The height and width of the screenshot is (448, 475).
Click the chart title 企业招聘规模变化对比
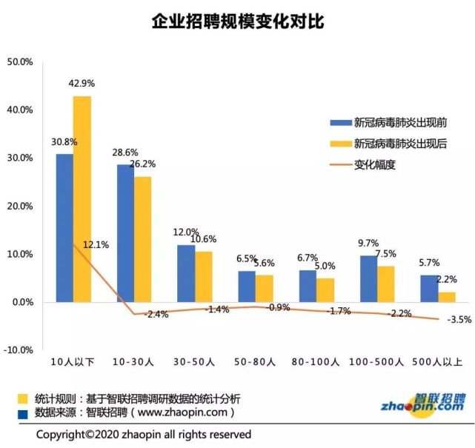tap(238, 22)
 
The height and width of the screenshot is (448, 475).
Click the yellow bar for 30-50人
tap(203, 276)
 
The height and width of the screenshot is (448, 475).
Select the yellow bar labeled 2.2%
tap(447, 296)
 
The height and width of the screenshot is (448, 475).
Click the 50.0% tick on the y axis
tap(20, 62)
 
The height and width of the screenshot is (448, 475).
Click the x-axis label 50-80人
tap(256, 362)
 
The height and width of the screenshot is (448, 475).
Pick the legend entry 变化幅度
tap(375, 164)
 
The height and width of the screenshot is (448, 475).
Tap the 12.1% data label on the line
tap(96, 244)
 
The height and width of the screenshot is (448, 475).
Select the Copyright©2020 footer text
tap(144, 434)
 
